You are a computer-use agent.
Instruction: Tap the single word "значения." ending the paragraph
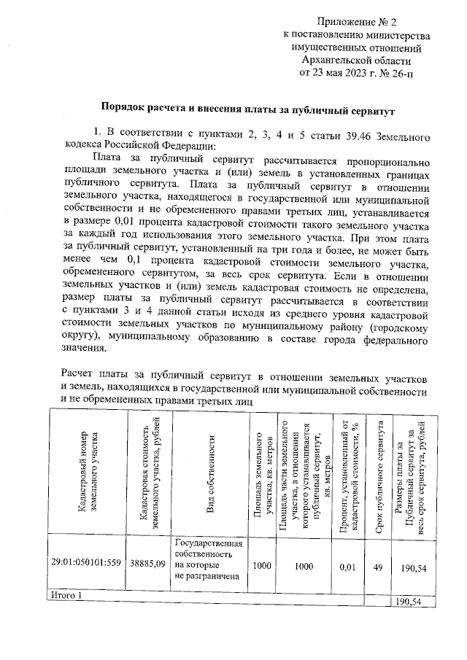[88, 349]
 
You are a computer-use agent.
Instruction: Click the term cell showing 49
[377, 564]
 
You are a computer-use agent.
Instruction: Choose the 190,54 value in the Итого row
[409, 602]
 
